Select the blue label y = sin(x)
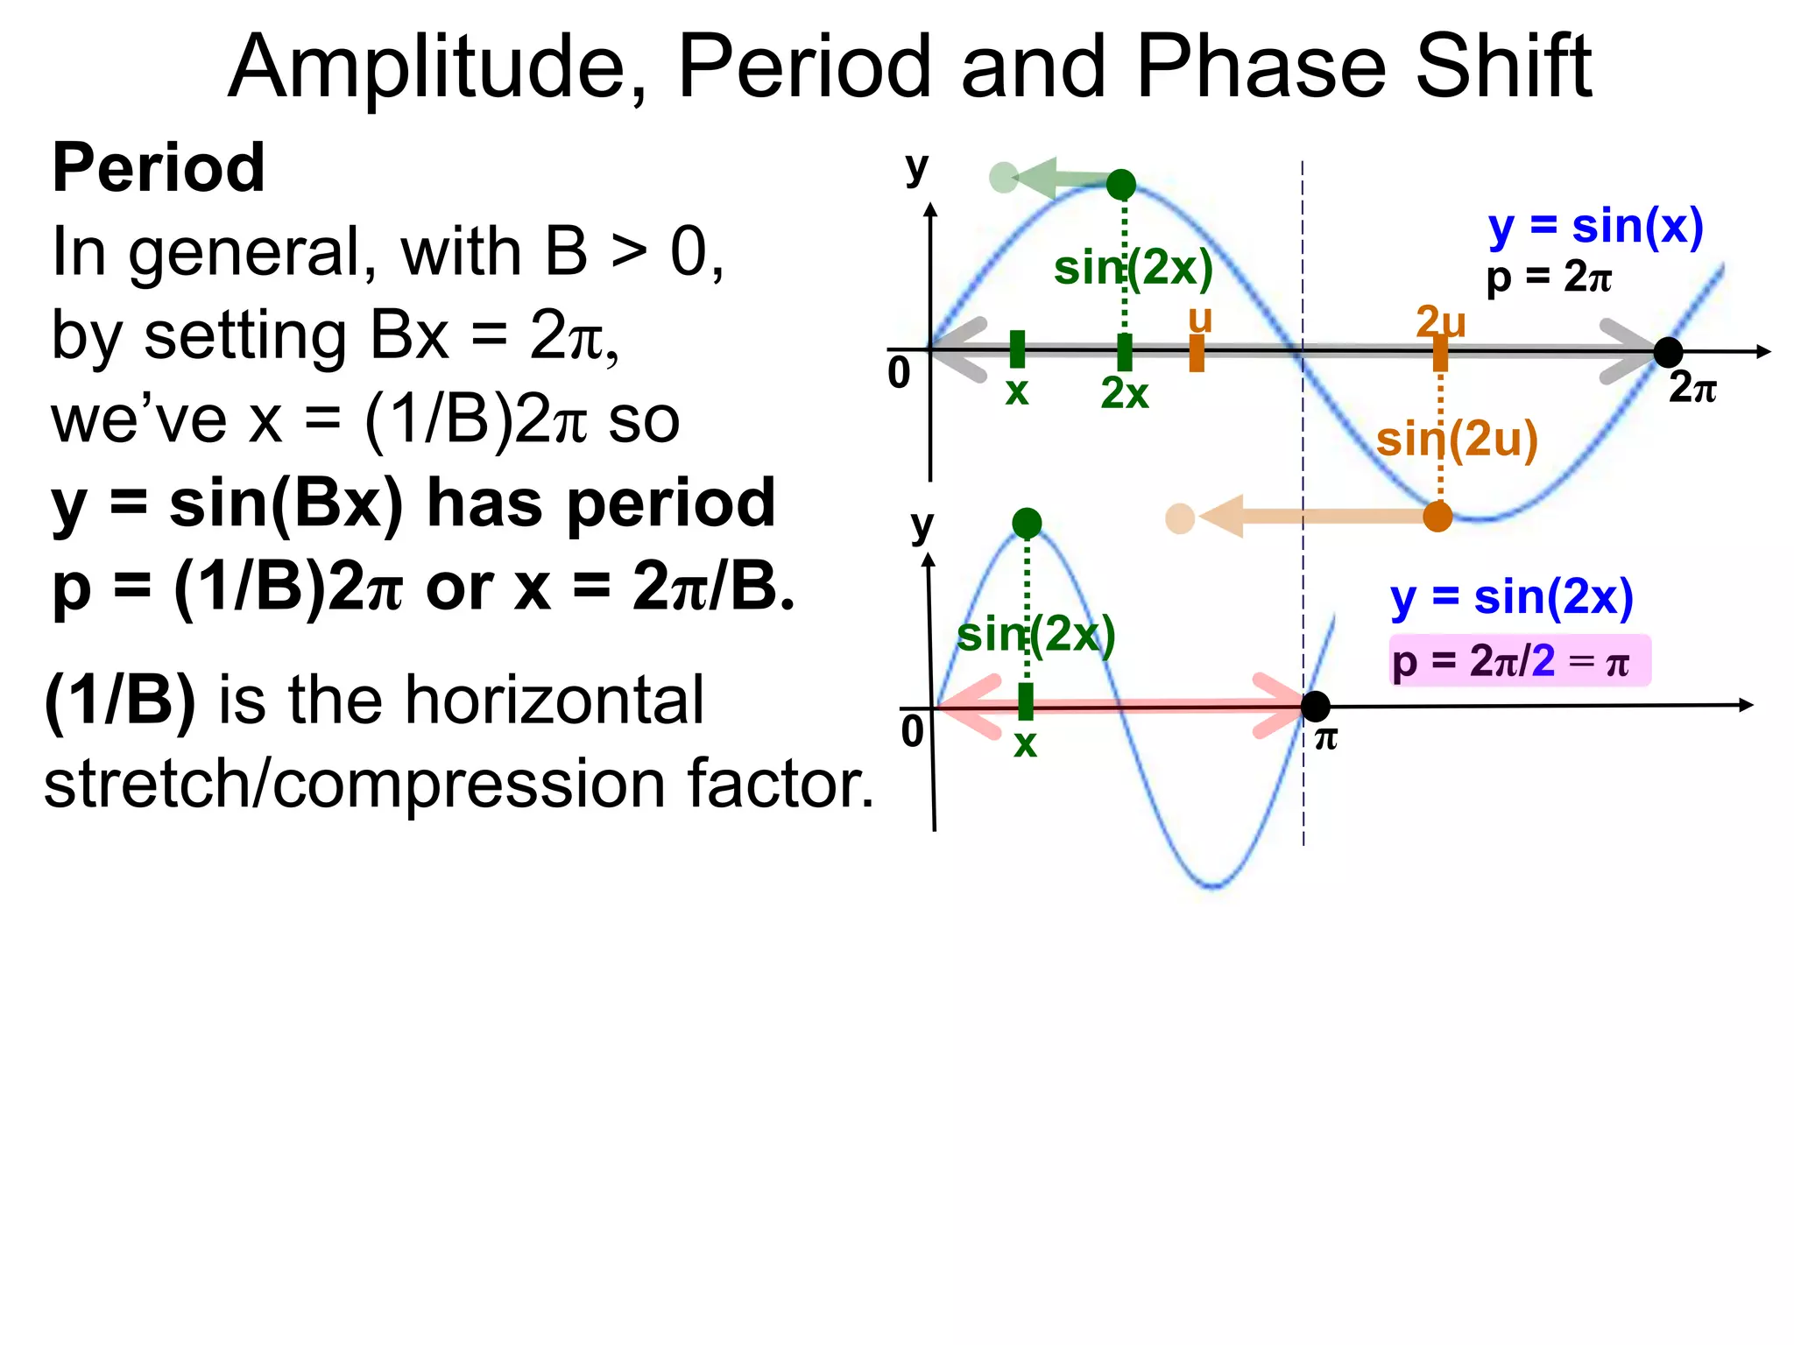point(1595,227)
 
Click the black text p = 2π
point(1548,278)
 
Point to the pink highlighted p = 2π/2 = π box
point(1519,661)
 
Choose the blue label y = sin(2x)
point(1512,598)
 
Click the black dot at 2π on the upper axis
point(1668,352)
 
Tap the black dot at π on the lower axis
point(1315,706)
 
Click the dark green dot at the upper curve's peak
point(1121,185)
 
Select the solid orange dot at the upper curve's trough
point(1437,517)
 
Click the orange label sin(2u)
point(1457,439)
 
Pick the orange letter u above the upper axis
point(1200,319)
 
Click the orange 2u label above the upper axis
point(1440,322)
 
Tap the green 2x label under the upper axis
point(1124,394)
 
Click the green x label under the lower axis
point(1025,743)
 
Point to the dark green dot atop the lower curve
point(1027,524)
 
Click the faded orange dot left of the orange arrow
point(1180,518)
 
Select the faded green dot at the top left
point(1003,178)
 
